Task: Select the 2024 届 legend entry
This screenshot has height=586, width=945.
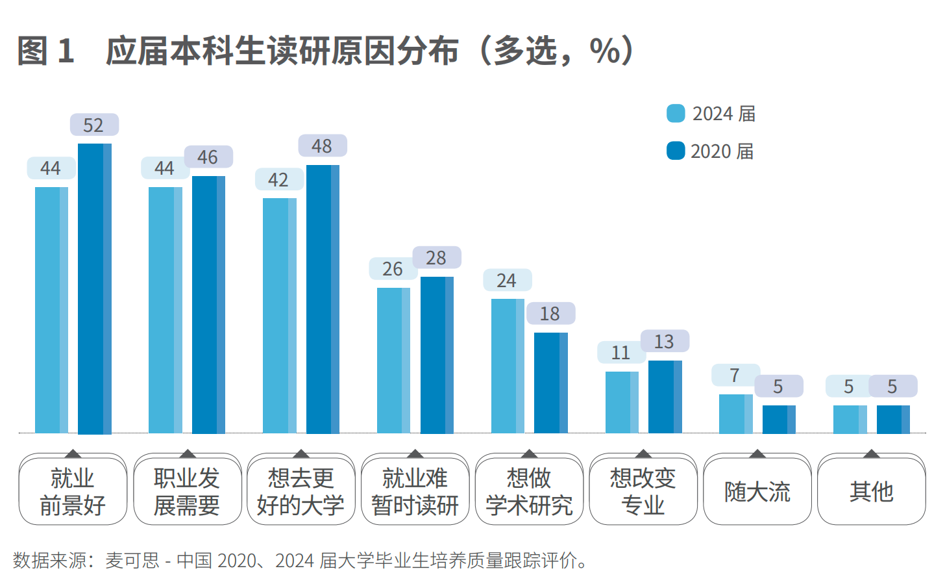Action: point(711,114)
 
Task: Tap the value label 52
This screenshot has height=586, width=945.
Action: point(94,125)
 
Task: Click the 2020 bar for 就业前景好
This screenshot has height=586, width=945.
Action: point(95,288)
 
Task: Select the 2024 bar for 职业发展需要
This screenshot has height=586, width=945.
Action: point(166,310)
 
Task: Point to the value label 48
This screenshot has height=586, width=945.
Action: point(323,146)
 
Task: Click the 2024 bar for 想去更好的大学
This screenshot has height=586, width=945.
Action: point(280,315)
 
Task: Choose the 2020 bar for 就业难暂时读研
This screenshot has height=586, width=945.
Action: point(437,355)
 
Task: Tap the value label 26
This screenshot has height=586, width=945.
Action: point(393,269)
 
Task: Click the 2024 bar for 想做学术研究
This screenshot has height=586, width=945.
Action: point(508,366)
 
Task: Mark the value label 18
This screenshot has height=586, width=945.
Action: point(550,314)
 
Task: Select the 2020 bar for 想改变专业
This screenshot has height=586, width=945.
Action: point(665,396)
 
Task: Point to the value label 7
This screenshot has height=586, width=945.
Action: point(735,376)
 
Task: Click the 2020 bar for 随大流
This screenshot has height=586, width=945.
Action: point(779,419)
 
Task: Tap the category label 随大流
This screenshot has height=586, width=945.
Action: point(757,492)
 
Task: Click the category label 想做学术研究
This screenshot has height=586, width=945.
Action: point(529,492)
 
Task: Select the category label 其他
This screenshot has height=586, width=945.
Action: point(872,492)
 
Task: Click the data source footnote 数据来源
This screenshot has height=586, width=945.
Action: point(300,560)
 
